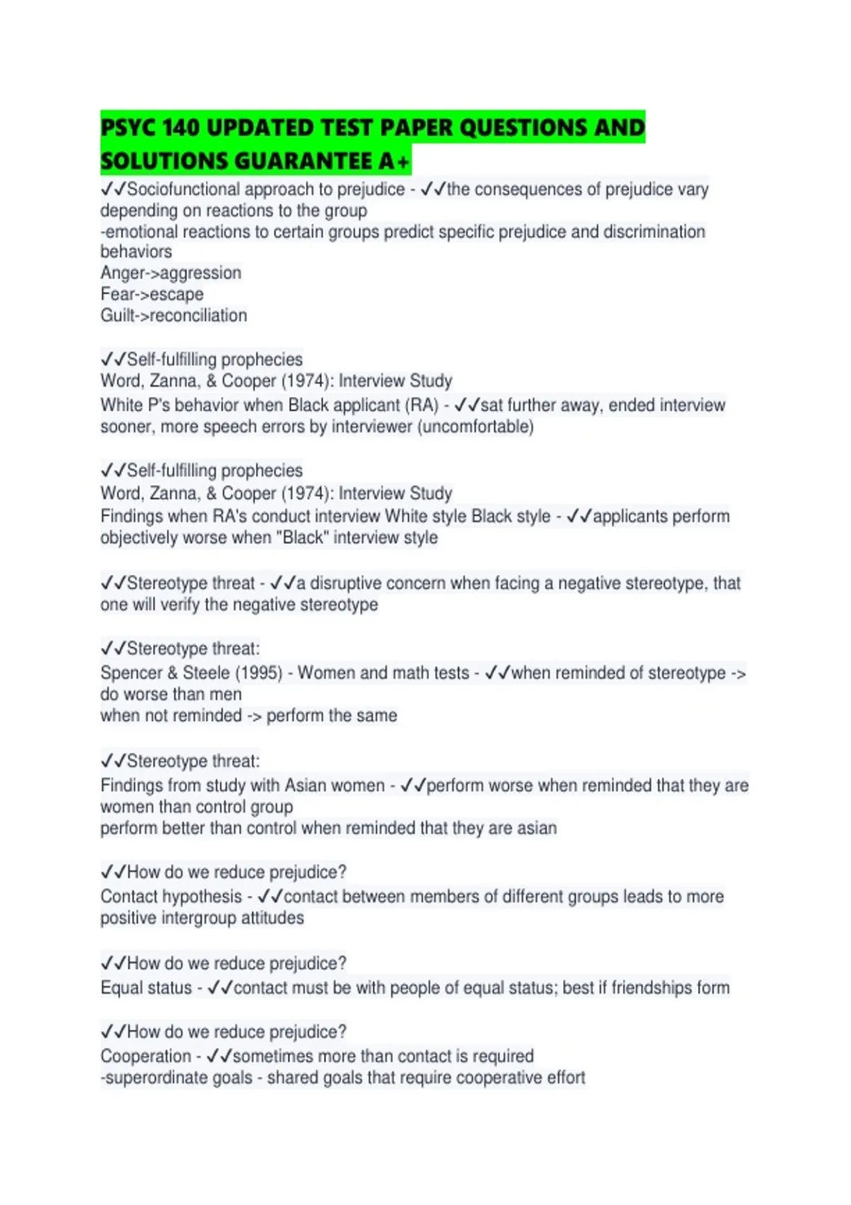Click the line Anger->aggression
click(171, 273)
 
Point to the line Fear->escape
click(152, 294)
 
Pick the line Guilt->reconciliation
click(174, 315)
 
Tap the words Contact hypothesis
click(171, 897)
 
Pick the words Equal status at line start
click(146, 988)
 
